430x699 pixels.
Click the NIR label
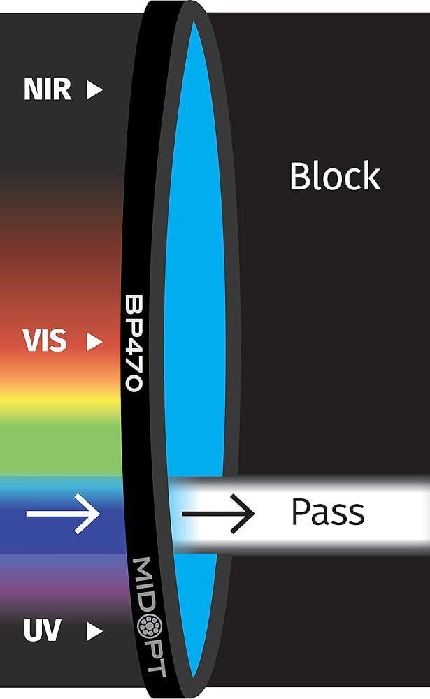(48, 89)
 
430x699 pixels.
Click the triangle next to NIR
(94, 89)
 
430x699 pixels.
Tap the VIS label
(45, 341)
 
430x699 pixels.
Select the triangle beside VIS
(94, 341)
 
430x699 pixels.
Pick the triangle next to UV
(94, 632)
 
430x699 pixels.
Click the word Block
(335, 176)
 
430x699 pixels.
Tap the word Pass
(327, 512)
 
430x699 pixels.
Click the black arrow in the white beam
(217, 514)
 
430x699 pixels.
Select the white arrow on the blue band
(64, 514)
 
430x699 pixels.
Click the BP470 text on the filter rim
(134, 343)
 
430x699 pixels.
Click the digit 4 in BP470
(134, 344)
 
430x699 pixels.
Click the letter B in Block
(300, 176)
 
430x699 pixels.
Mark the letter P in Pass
(300, 512)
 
